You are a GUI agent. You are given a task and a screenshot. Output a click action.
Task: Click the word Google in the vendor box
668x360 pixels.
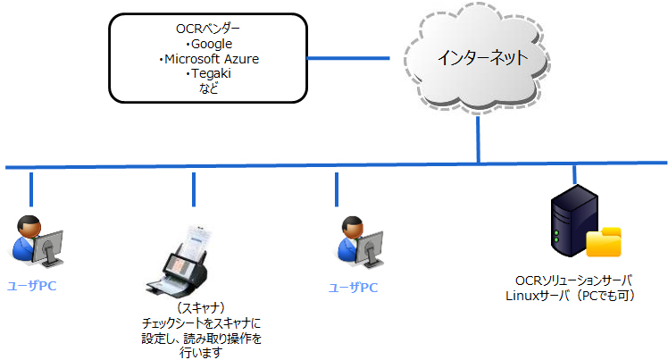pyautogui.click(x=212, y=44)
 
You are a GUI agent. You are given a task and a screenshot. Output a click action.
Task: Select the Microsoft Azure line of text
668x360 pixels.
pyautogui.click(x=212, y=59)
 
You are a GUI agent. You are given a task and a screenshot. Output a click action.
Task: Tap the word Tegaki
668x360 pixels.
pyautogui.click(x=211, y=73)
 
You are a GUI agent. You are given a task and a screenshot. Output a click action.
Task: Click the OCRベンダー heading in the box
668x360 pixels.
pyautogui.click(x=208, y=29)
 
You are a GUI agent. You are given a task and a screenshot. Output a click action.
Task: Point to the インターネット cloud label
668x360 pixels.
pyautogui.click(x=482, y=57)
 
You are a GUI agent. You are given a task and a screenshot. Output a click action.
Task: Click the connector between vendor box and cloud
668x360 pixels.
pyautogui.click(x=348, y=58)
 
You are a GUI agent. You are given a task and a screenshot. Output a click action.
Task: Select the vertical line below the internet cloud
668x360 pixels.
pyautogui.click(x=478, y=139)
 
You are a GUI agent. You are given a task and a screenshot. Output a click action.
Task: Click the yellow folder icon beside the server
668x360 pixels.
pyautogui.click(x=603, y=242)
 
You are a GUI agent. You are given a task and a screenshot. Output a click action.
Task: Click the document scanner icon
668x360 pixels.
pyautogui.click(x=179, y=261)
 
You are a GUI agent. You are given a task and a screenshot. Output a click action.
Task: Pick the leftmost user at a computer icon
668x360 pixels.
pyautogui.click(x=36, y=240)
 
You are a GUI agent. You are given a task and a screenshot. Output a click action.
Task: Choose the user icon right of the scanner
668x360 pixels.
pyautogui.click(x=360, y=242)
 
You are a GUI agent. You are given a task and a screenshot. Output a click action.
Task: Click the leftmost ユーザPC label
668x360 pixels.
pyautogui.click(x=31, y=286)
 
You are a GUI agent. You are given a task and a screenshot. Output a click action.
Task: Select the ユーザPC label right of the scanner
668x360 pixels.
pyautogui.click(x=353, y=288)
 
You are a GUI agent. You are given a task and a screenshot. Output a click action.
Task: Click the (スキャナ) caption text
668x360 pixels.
pyautogui.click(x=201, y=307)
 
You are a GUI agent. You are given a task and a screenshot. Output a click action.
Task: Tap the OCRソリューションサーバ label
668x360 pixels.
pyautogui.click(x=573, y=280)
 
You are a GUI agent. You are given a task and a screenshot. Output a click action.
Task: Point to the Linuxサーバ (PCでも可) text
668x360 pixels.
pyautogui.click(x=570, y=296)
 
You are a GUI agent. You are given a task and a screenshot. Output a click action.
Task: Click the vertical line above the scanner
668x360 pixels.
pyautogui.click(x=194, y=189)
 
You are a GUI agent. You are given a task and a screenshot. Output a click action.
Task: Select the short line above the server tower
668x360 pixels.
pyautogui.click(x=574, y=174)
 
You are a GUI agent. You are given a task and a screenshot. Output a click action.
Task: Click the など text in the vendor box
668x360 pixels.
pyautogui.click(x=208, y=88)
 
